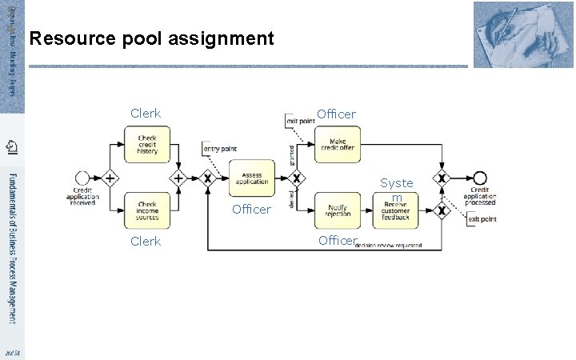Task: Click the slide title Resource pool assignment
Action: tap(151, 38)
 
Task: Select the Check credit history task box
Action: tap(147, 145)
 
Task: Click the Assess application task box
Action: tap(251, 178)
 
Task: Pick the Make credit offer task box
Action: tap(338, 145)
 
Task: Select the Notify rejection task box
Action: tap(338, 210)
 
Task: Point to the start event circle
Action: tap(81, 178)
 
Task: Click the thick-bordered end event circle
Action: tap(480, 178)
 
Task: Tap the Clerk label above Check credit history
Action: tap(146, 114)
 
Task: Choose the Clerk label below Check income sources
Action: tap(146, 241)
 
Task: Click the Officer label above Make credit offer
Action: tap(336, 114)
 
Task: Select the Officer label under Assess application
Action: tap(251, 210)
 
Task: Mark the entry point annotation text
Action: tap(221, 148)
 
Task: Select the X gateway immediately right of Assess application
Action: tap(298, 178)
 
